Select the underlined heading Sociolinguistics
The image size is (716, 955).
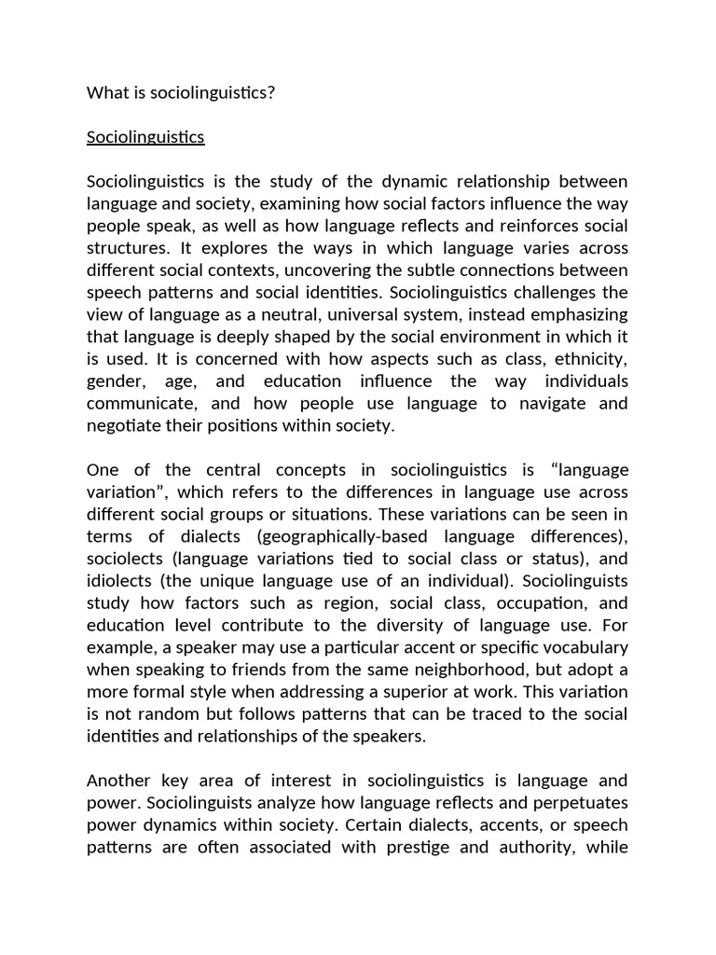pyautogui.click(x=145, y=137)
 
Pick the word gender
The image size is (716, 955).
pyautogui.click(x=114, y=381)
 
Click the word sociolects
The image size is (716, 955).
pyautogui.click(x=124, y=559)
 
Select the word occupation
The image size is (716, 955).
pyautogui.click(x=546, y=602)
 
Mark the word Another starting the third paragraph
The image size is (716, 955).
pyautogui.click(x=118, y=781)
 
